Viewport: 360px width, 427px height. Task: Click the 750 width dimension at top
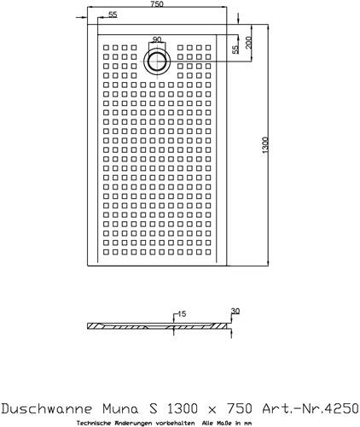[x=157, y=4]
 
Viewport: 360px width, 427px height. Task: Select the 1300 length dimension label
[x=264, y=145]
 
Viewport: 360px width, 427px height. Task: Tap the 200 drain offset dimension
[x=248, y=42]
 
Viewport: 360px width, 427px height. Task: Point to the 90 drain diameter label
[x=157, y=39]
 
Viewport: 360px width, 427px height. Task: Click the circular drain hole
[x=157, y=61]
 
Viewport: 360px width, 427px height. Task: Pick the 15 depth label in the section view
[x=182, y=313]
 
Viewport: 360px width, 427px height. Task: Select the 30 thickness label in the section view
[x=235, y=311]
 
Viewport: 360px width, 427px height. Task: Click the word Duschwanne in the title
[x=47, y=409]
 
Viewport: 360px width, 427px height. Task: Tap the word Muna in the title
[x=120, y=409]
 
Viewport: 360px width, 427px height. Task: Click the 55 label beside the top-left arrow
[x=113, y=15]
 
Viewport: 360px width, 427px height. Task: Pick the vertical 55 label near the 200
[x=235, y=50]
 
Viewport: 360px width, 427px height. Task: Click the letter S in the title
[x=153, y=409]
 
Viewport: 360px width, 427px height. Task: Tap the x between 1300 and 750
[x=212, y=410]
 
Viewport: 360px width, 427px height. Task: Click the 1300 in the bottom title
[x=182, y=409]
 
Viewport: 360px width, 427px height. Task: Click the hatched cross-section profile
[x=160, y=326]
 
